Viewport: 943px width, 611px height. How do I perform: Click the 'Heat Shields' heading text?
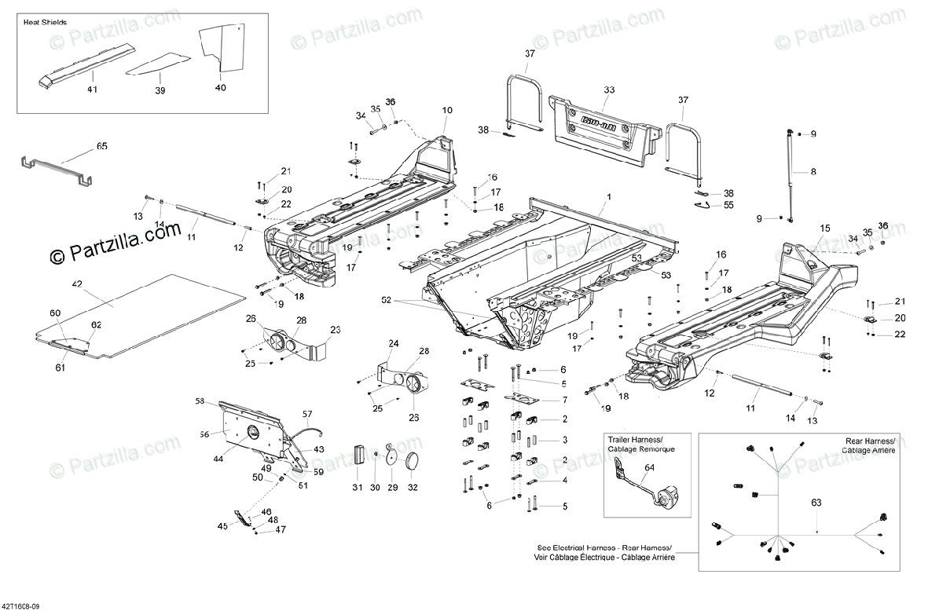45,23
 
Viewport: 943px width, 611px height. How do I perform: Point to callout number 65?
101,146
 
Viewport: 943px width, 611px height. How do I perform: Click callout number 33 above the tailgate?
608,90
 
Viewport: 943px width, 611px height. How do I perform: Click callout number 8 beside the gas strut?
813,171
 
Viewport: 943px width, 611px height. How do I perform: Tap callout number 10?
447,110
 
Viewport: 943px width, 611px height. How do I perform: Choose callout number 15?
824,228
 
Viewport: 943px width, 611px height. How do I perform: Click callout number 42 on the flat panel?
77,283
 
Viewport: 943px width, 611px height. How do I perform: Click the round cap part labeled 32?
412,463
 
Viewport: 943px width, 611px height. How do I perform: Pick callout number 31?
358,488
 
